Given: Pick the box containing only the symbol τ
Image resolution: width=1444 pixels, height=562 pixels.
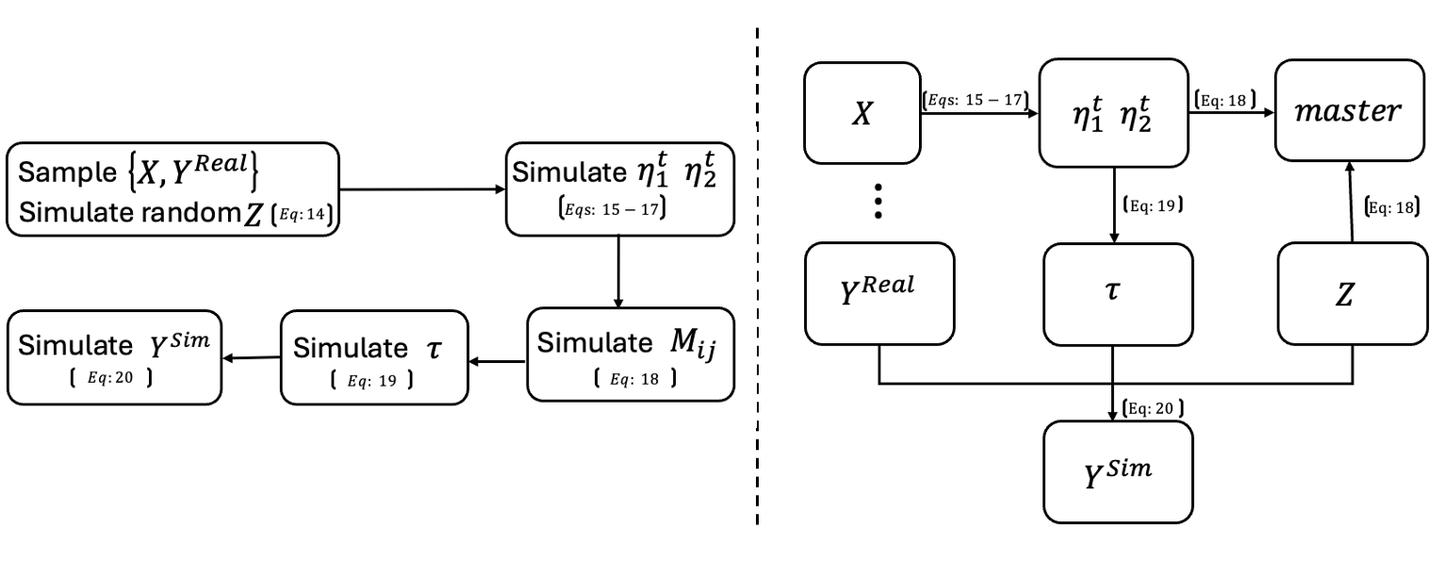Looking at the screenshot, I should (x=1116, y=292).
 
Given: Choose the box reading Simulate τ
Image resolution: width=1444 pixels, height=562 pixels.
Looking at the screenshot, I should (x=373, y=357).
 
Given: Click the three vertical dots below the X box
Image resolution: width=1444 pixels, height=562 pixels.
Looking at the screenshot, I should (x=878, y=201).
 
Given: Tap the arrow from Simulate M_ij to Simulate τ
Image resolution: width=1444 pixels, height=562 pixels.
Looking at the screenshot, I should (x=497, y=359).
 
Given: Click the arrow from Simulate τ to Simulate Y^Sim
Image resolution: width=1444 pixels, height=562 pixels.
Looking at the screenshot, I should (x=251, y=357).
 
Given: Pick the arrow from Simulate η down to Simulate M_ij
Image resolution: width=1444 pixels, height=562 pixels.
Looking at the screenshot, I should (x=618, y=272).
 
